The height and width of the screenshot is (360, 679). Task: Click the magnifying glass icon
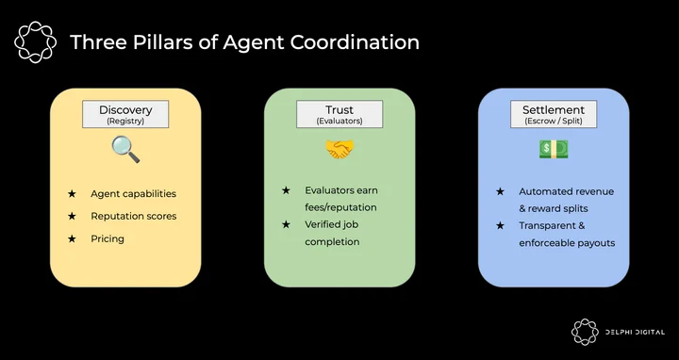(x=125, y=149)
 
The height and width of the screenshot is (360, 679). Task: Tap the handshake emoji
(x=339, y=149)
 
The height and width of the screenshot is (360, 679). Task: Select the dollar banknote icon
(x=554, y=149)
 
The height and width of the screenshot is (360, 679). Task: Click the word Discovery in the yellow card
(x=125, y=110)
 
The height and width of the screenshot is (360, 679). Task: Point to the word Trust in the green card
(x=339, y=110)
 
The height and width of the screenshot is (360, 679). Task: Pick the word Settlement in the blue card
(x=554, y=110)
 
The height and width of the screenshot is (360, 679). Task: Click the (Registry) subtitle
(x=125, y=122)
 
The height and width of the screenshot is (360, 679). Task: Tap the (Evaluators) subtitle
(x=339, y=122)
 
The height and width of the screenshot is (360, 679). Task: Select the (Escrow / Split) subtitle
(x=554, y=122)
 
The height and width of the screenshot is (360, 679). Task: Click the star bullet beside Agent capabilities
(x=72, y=194)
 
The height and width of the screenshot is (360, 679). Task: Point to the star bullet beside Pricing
(x=72, y=238)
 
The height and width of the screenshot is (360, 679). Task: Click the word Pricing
(x=108, y=238)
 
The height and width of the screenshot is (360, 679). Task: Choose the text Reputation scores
(x=134, y=217)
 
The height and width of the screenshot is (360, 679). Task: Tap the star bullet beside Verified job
(x=286, y=224)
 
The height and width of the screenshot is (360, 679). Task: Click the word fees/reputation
(x=340, y=207)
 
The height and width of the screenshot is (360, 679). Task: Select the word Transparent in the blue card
(x=547, y=226)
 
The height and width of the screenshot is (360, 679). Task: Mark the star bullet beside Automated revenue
(x=500, y=191)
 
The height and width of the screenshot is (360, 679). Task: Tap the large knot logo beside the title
(x=35, y=42)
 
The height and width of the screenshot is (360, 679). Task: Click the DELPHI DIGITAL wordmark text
(x=635, y=333)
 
